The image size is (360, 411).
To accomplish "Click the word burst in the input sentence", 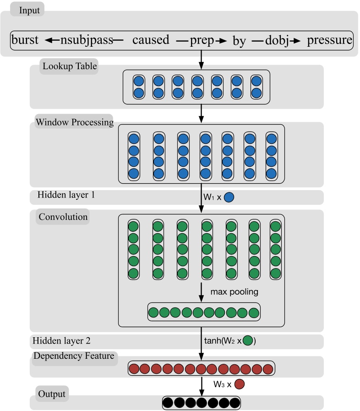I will coord(25,40).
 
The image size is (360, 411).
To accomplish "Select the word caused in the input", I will coord(151,40).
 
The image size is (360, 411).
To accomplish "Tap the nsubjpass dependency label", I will coord(87,40).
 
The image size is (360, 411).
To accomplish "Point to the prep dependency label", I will coord(202,40).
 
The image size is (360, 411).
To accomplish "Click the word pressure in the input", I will coord(329,40).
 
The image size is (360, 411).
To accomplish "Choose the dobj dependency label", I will coord(276,40).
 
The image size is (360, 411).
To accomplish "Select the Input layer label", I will coord(29,10).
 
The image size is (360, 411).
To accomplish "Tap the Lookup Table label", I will coord(70,66).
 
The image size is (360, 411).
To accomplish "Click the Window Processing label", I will coord(74,122).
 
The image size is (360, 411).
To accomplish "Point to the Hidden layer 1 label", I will coord(67,195).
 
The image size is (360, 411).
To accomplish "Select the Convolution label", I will coord(63,217).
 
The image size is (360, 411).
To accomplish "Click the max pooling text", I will coord(235,291).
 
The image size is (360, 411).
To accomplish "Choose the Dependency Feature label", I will coord(73,356).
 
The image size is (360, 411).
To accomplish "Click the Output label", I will coord(52,394).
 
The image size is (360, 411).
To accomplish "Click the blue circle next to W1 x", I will coord(229,197).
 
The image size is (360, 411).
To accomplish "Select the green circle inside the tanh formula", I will coord(247,341).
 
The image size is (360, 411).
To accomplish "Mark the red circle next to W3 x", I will coord(239,384).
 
